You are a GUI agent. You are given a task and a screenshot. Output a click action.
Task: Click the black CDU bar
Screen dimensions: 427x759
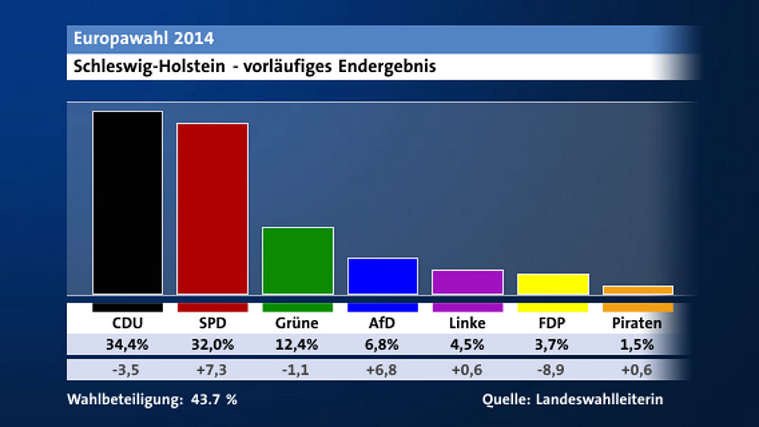[128, 203]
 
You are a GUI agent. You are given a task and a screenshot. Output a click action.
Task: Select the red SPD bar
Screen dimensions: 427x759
[213, 209]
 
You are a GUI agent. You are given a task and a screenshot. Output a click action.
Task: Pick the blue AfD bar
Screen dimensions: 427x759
[383, 276]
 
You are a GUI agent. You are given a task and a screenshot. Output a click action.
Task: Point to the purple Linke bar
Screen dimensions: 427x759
[468, 281]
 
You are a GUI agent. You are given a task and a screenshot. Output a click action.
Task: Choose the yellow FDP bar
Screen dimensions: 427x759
[553, 284]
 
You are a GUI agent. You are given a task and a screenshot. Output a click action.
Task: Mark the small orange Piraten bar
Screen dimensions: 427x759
[638, 290]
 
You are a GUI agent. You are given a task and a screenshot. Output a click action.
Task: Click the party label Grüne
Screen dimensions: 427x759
[297, 323]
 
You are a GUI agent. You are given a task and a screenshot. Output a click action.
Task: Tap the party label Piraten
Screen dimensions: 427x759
[637, 323]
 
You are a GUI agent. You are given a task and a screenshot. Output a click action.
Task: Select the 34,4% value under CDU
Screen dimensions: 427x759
[127, 346]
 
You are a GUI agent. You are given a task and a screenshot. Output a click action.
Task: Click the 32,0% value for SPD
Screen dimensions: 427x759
[212, 346]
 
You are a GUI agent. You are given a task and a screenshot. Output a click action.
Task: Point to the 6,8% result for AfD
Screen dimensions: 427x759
[382, 346]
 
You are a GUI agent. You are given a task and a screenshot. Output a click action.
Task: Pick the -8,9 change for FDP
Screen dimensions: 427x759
[552, 371]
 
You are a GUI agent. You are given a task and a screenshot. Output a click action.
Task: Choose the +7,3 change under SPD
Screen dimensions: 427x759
[212, 371]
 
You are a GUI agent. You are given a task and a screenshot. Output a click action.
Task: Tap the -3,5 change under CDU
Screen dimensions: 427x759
[127, 371]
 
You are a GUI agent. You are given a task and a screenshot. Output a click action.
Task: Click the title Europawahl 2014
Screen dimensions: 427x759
[143, 39]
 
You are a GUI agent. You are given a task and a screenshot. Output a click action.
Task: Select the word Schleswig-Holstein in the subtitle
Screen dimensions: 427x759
[149, 67]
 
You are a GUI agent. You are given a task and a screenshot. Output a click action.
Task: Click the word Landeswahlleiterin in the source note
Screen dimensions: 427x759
[600, 400]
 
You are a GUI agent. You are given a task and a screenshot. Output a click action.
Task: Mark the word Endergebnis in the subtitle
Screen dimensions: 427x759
[387, 67]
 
